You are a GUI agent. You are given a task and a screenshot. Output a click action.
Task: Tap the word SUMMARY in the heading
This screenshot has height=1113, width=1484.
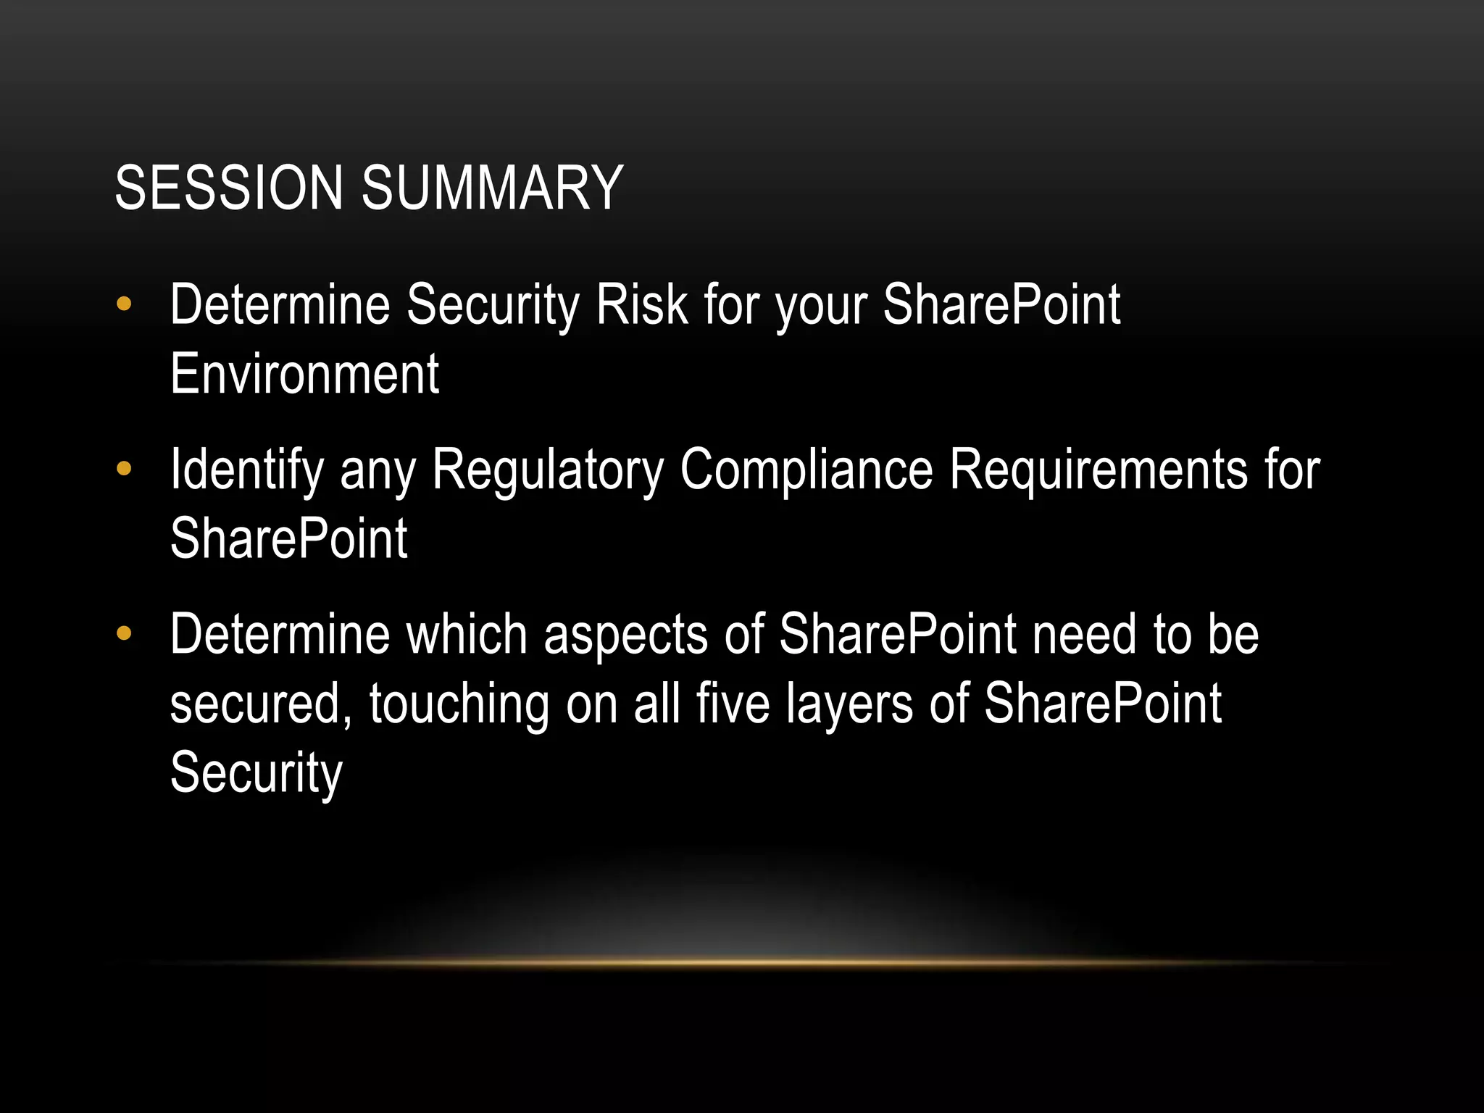492,188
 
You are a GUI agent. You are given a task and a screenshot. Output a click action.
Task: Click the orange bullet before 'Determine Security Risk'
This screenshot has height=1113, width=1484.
124,304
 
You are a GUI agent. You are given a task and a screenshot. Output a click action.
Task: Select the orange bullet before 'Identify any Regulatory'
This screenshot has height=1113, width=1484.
124,469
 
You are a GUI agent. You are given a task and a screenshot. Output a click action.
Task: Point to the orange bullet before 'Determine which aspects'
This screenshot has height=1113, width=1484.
124,634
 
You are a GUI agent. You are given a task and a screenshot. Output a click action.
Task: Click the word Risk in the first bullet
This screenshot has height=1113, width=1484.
641,304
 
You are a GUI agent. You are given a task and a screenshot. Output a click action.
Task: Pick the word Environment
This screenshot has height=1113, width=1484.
304,374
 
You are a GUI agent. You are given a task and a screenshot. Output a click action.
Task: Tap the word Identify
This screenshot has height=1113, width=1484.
246,470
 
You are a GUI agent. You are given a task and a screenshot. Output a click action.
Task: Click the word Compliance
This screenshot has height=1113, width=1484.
806,470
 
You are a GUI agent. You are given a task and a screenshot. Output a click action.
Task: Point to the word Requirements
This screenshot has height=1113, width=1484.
1099,470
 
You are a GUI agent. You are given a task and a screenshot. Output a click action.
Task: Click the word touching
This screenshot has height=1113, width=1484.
459,704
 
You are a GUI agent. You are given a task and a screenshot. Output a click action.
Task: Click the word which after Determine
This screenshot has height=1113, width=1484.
467,634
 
